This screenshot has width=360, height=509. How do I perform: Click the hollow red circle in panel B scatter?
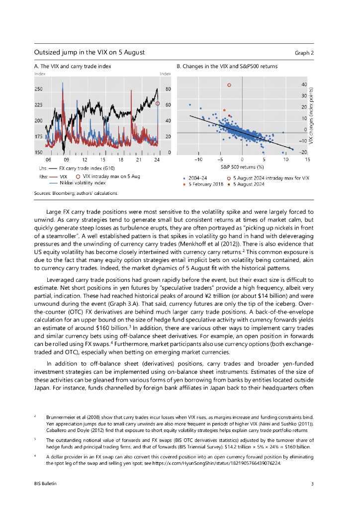click(229, 85)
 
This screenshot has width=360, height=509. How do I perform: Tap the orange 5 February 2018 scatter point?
click(224, 110)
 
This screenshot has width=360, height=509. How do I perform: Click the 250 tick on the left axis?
click(39, 89)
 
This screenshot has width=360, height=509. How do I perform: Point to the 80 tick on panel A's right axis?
click(168, 89)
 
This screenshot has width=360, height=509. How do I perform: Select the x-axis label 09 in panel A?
click(66, 160)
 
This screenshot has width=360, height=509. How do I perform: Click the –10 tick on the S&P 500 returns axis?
click(198, 160)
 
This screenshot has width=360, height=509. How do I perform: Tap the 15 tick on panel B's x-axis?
click(308, 160)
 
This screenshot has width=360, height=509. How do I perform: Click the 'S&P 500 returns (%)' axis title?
click(242, 168)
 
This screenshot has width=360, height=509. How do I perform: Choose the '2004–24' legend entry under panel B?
click(198, 177)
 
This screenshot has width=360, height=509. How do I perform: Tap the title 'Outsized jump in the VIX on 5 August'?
click(90, 52)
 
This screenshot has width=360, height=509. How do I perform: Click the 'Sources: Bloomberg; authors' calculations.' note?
click(76, 192)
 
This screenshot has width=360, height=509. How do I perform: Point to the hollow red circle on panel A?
click(158, 104)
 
